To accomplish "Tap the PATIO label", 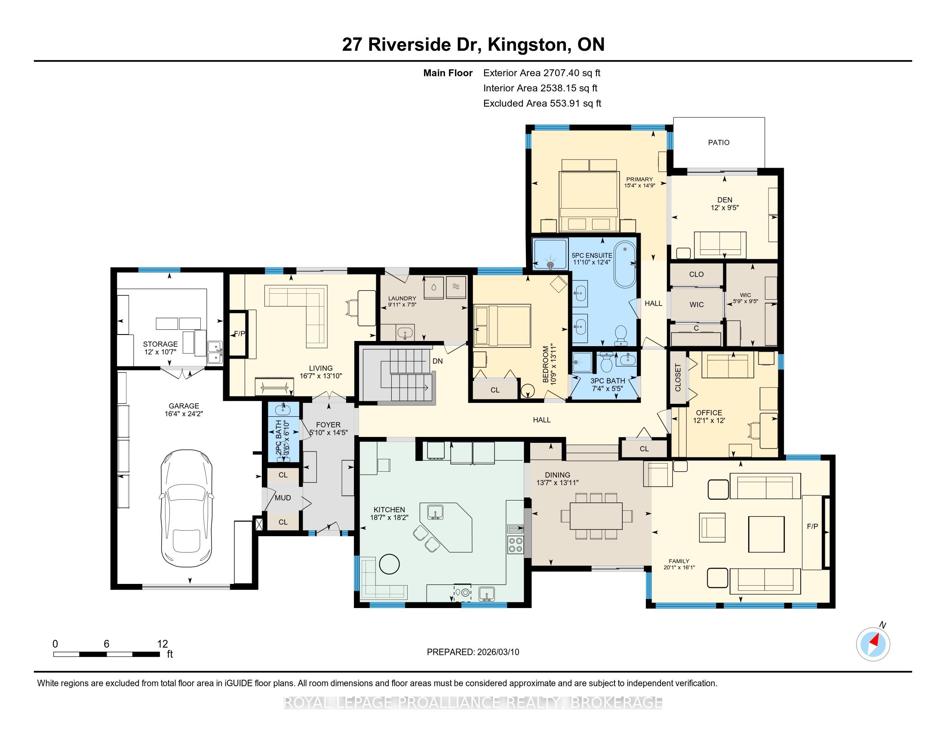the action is (719, 142).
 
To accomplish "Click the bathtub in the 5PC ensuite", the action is (625, 264).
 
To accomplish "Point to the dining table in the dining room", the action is (596, 516).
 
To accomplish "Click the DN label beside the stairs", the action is (437, 361).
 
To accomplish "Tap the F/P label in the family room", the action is (812, 526).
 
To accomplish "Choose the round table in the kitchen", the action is (389, 563).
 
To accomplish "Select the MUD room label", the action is (283, 498).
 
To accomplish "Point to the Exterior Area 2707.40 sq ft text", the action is (542, 73).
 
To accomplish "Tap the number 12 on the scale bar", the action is (163, 644).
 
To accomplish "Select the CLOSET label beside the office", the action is (678, 377).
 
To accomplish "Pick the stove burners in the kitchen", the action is (515, 544).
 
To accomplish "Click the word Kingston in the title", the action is (525, 44).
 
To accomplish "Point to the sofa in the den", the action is (720, 245).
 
